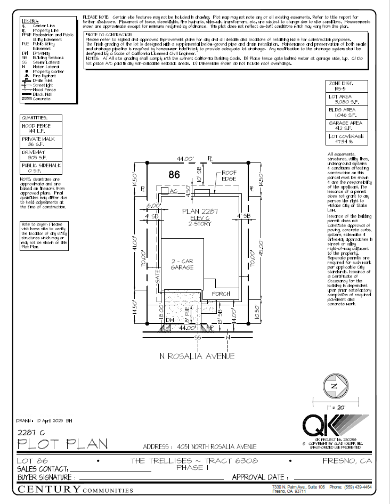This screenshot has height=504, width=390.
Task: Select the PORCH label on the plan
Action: pos(221,294)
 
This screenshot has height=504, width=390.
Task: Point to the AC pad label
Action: pos(172,190)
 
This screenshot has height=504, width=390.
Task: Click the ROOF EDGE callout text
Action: pos(229,176)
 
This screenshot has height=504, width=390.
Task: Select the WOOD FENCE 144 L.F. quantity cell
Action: pos(40,128)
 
